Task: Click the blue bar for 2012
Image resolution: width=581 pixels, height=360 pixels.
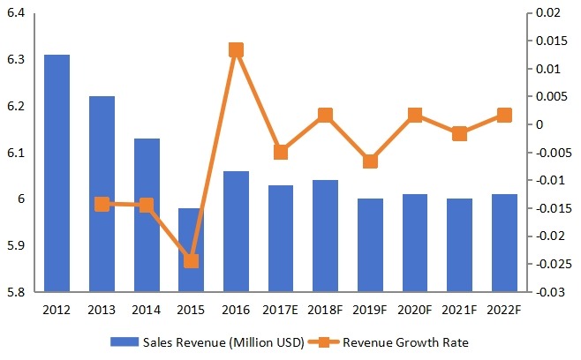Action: (57, 173)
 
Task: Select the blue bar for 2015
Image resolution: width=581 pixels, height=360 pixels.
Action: (191, 250)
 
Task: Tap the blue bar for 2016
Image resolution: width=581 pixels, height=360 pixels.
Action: (236, 231)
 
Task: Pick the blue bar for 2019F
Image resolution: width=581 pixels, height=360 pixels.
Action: (370, 244)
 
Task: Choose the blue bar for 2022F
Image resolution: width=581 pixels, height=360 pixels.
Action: (504, 243)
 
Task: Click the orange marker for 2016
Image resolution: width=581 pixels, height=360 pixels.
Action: (236, 50)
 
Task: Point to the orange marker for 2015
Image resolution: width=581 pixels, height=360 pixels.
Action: (191, 260)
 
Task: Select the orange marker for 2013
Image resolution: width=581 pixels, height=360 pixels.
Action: (102, 204)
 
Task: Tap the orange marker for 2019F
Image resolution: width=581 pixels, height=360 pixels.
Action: (370, 161)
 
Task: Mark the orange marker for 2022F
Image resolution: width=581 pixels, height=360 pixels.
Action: (504, 115)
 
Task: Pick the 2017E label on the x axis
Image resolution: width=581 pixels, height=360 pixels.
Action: (281, 310)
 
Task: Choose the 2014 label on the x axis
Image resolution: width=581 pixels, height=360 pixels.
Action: (147, 310)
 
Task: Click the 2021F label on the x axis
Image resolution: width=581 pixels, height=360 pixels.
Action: (459, 310)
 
